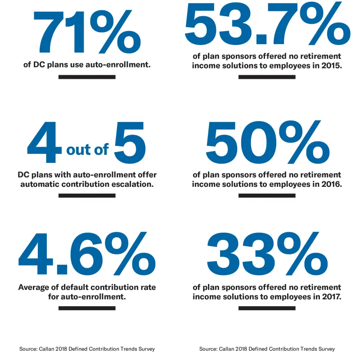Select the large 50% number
pyautogui.click(x=266, y=143)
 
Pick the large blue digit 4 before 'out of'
pyautogui.click(x=44, y=143)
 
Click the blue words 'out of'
pyautogui.click(x=87, y=149)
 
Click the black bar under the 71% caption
pyautogui.click(x=87, y=77)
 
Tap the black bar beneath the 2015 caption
pyautogui.click(x=267, y=77)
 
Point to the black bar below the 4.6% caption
pyautogui.click(x=87, y=308)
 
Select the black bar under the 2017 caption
pyautogui.click(x=267, y=308)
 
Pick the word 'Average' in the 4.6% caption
pyautogui.click(x=35, y=287)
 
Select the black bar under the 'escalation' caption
pyautogui.click(x=87, y=195)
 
